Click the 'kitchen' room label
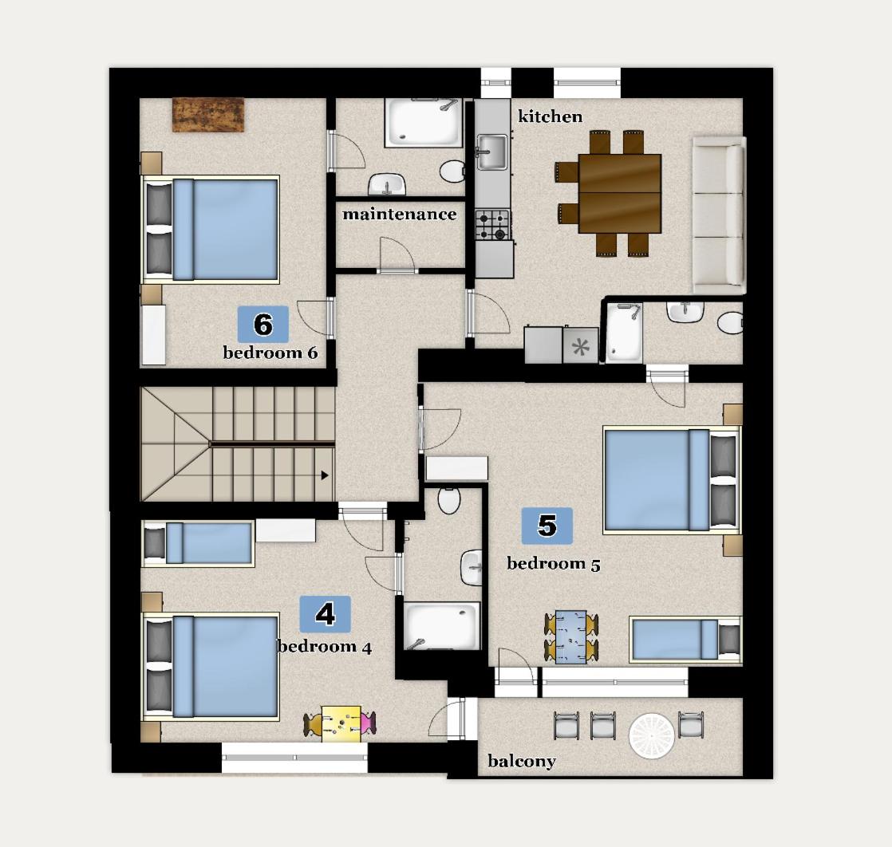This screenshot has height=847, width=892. [551, 116]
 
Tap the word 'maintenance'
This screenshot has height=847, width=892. [399, 214]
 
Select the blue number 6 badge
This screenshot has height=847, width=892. [263, 325]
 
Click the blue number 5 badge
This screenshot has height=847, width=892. [547, 526]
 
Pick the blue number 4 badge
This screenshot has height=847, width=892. [325, 614]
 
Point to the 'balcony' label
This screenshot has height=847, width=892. [521, 761]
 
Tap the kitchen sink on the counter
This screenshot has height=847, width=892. [491, 150]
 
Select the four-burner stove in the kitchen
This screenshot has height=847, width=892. [492, 224]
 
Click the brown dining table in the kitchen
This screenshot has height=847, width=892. [620, 193]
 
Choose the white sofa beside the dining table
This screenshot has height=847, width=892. [719, 214]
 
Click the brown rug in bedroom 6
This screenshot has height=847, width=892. [208, 114]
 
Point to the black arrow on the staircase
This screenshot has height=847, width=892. [325, 475]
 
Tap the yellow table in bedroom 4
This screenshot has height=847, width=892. [341, 724]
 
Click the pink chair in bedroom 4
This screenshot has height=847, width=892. [367, 724]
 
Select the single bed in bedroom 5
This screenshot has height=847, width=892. [685, 639]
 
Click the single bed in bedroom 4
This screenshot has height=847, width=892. [198, 543]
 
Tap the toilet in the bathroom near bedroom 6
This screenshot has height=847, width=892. [453, 171]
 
